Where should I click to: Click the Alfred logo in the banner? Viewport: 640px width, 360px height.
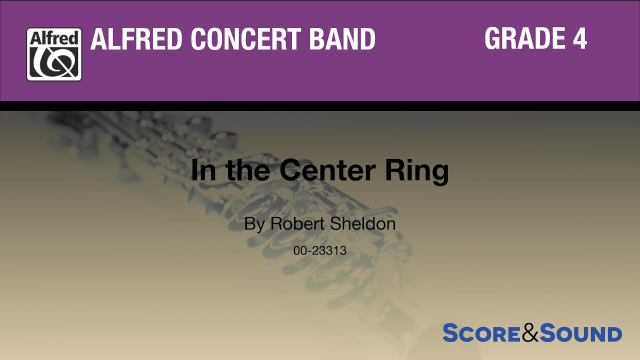click(x=54, y=54)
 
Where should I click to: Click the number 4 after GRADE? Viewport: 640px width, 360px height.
click(x=579, y=38)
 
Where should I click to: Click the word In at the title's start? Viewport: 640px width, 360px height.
click(x=202, y=170)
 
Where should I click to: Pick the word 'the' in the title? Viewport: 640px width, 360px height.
click(x=248, y=170)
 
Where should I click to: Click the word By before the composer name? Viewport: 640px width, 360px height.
click(x=254, y=224)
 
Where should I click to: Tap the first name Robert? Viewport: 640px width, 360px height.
click(x=297, y=223)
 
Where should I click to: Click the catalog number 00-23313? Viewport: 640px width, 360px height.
click(x=320, y=251)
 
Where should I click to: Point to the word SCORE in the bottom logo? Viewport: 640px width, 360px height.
click(x=481, y=333)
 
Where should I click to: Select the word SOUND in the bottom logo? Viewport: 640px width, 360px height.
click(x=580, y=333)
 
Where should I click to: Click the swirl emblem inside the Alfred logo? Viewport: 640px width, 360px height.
click(x=54, y=62)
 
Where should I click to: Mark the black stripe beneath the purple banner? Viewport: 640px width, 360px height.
click(x=320, y=105)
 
